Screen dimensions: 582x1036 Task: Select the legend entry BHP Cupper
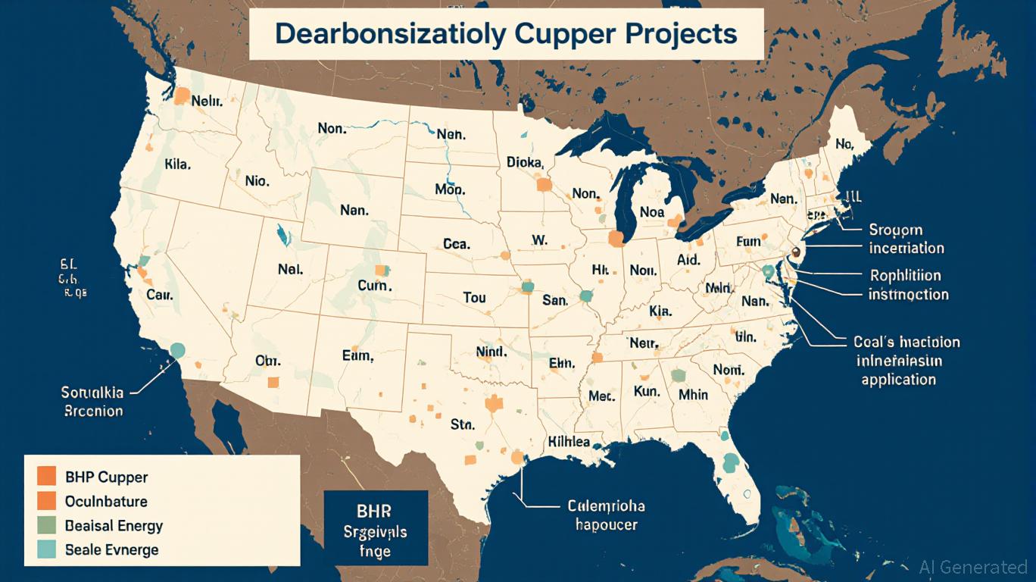pos(107,477)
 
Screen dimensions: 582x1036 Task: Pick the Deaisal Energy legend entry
pos(114,525)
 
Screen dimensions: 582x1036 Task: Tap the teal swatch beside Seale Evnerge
pos(47,549)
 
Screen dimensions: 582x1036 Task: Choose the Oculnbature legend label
pos(106,501)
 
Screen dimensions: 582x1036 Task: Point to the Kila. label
pos(177,163)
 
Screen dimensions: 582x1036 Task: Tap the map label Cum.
pos(374,286)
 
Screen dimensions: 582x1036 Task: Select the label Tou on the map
pos(473,298)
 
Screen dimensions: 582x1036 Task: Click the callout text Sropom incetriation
pos(906,239)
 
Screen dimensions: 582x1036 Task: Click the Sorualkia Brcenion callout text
pos(92,402)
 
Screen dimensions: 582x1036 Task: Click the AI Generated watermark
pos(972,567)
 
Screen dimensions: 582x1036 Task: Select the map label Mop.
pos(450,189)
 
